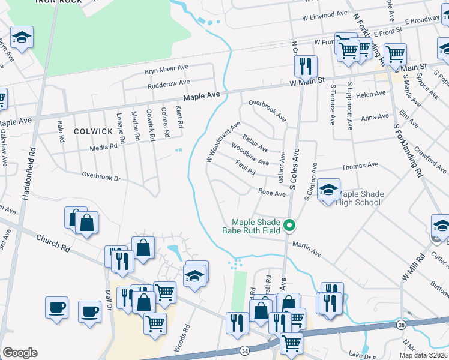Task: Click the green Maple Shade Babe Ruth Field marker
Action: click(289, 226)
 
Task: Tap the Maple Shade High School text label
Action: click(360, 198)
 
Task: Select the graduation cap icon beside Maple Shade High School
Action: click(328, 191)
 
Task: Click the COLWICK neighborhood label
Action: click(93, 131)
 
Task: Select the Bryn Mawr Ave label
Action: click(166, 70)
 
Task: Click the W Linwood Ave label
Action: click(325, 17)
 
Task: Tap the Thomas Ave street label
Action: click(360, 165)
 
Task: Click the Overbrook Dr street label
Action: click(101, 178)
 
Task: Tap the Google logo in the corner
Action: click(20, 353)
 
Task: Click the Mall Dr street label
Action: click(110, 296)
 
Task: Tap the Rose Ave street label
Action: click(271, 193)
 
